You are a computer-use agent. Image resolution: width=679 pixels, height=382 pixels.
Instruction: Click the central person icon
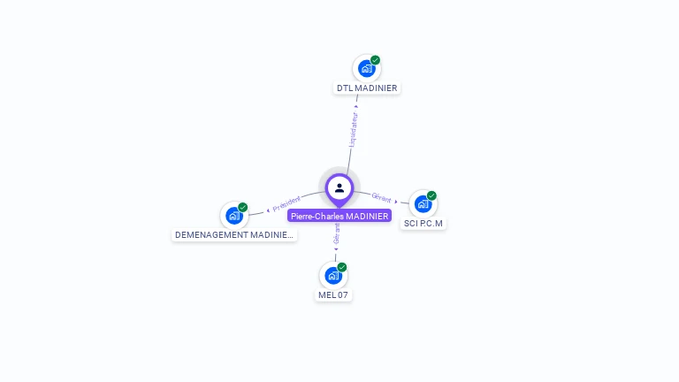tap(339, 187)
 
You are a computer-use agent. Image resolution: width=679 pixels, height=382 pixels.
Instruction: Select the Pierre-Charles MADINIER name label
tap(339, 216)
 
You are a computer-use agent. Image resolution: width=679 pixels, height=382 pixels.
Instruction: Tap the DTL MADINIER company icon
tap(366, 68)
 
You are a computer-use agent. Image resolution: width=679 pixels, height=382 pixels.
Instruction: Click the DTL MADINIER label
tap(367, 88)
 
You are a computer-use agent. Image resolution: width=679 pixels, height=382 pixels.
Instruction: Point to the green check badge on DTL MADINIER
tap(375, 60)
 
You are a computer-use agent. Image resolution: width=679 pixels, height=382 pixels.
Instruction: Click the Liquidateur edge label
tap(353, 128)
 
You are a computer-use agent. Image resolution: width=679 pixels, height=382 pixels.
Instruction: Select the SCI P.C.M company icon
tap(423, 204)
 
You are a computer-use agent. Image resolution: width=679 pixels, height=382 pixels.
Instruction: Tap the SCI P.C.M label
tap(423, 224)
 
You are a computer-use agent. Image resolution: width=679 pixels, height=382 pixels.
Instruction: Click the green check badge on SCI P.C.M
tap(431, 195)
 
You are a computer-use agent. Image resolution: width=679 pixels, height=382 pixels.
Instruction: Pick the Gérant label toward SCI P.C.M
tap(381, 197)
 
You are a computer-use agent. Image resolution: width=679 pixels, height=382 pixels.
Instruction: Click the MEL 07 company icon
tap(333, 275)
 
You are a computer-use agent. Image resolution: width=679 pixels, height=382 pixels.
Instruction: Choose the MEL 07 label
tap(334, 294)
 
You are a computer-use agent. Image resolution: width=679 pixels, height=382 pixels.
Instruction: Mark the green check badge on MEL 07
tap(342, 267)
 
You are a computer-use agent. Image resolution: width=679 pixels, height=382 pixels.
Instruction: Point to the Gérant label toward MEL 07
tap(336, 234)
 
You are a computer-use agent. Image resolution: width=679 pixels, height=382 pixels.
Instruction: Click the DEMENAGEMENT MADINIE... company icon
tap(233, 215)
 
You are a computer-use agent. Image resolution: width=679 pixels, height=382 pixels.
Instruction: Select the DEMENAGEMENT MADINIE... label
tap(233, 235)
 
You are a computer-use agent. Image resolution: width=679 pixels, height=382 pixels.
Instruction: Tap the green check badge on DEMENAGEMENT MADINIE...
tap(243, 207)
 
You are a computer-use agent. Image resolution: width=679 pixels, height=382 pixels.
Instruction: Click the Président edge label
tap(286, 203)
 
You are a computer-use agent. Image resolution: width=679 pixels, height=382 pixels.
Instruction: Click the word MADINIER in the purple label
tap(367, 216)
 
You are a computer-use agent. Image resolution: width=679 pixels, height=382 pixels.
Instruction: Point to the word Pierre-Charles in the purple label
tap(317, 216)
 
